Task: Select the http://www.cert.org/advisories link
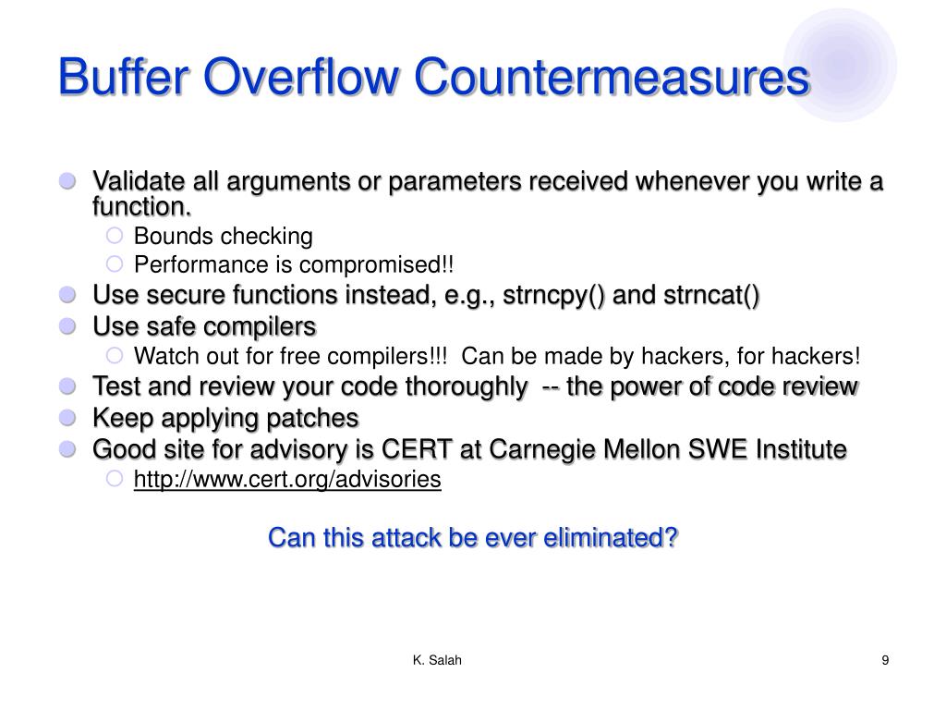click(287, 480)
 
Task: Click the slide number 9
click(885, 659)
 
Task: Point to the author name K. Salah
click(437, 659)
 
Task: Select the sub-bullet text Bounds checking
click(224, 236)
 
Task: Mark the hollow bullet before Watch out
click(115, 356)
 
